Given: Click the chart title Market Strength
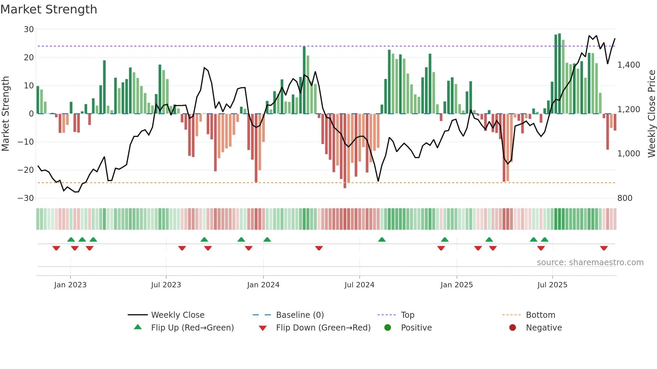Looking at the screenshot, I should (49, 9).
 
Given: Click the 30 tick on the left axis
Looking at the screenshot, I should (29, 29).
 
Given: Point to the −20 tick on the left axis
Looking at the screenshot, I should (26, 170).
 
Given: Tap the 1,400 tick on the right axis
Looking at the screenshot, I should (629, 65).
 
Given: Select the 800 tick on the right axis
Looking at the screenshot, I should (624, 198).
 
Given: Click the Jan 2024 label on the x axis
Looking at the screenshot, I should (263, 285).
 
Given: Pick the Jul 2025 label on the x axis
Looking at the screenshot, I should (552, 285).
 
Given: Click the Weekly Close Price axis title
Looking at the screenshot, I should (651, 114).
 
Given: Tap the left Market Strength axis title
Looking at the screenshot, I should (6, 114).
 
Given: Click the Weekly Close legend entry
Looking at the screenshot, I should (178, 315).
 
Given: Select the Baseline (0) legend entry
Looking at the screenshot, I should (300, 315).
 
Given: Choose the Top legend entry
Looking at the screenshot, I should (408, 315).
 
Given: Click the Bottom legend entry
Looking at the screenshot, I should (540, 315).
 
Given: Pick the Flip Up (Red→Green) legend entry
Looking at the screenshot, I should (192, 328).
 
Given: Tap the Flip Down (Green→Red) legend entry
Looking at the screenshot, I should (323, 328).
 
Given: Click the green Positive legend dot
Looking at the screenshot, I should (387, 328).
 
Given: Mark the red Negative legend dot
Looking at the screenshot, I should (513, 328).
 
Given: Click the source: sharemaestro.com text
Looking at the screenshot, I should (590, 263).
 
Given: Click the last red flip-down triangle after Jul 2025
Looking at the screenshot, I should (604, 248).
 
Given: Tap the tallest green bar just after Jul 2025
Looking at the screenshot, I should (559, 74).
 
